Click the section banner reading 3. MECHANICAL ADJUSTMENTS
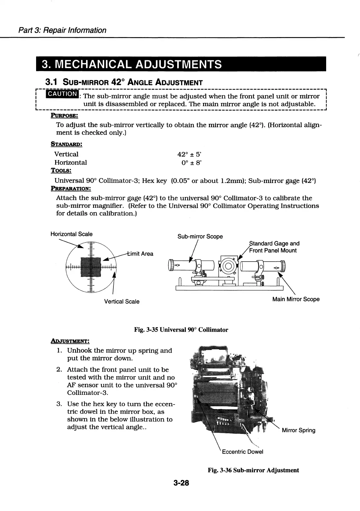(x=181, y=64)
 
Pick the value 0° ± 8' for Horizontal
(x=191, y=163)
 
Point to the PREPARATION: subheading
(x=71, y=188)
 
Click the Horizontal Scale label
(x=72, y=234)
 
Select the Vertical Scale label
(x=122, y=302)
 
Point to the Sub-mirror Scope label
(x=200, y=236)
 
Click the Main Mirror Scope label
(x=296, y=299)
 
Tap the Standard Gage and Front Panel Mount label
(x=274, y=247)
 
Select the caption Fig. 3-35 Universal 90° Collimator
(x=181, y=330)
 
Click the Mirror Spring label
(x=298, y=430)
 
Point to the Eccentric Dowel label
(x=242, y=452)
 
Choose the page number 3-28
(x=181, y=483)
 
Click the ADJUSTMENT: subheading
(x=70, y=341)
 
